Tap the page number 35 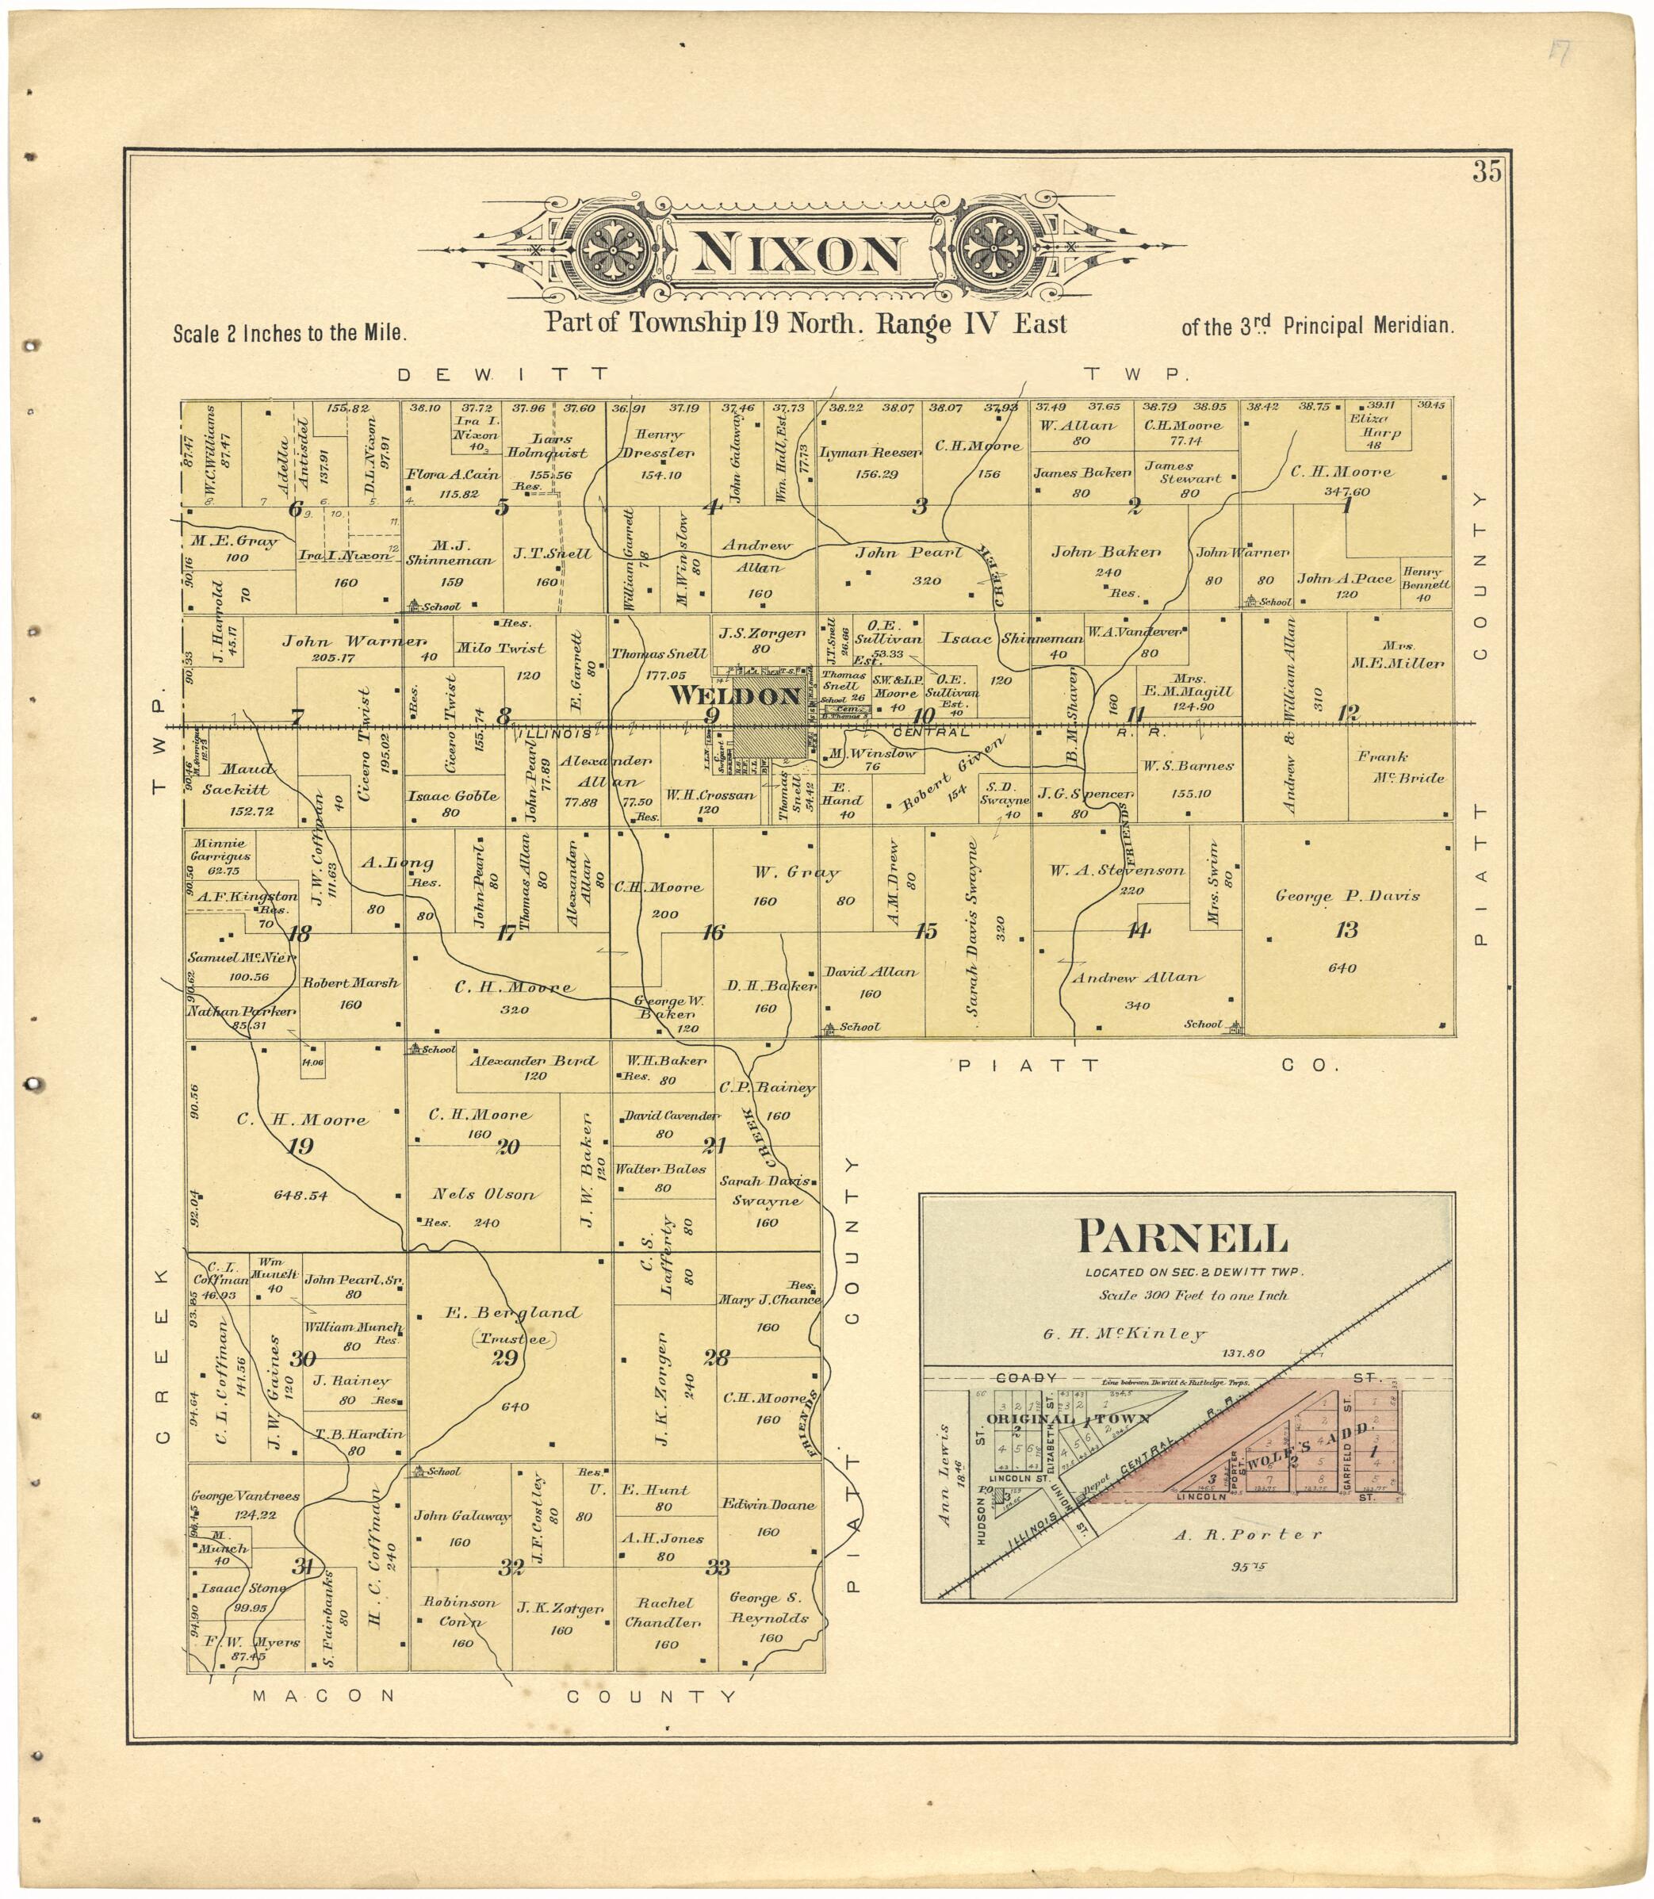click(x=1487, y=173)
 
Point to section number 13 click(x=1346, y=929)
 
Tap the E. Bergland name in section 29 click(x=514, y=1313)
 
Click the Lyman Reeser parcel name click(x=871, y=453)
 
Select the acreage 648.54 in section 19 click(x=301, y=1195)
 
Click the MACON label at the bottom click(x=323, y=1695)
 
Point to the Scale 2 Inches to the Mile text click(x=289, y=333)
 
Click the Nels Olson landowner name click(x=484, y=1195)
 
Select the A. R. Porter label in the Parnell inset click(x=1247, y=1534)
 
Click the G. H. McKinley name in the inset click(x=1124, y=1334)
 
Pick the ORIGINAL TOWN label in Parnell click(x=1069, y=1419)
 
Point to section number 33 click(x=718, y=1567)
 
